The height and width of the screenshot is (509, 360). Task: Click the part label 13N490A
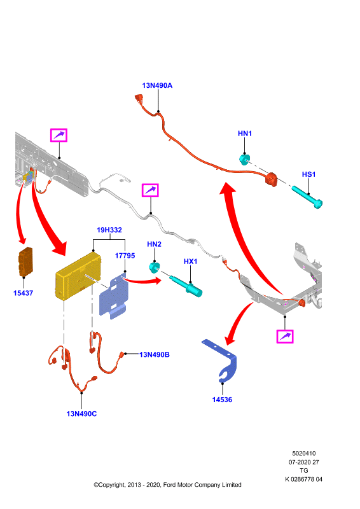click(157, 85)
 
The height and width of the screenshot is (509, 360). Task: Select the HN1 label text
click(245, 134)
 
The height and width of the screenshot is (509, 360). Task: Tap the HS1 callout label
click(308, 174)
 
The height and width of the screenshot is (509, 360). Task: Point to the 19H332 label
click(109, 230)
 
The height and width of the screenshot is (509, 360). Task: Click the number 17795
click(125, 256)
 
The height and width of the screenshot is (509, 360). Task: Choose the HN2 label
click(154, 244)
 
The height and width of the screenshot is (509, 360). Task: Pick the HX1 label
click(191, 261)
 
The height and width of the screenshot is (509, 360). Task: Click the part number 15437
click(23, 293)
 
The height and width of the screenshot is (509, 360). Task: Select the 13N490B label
click(155, 354)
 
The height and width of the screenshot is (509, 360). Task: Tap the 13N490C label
click(81, 414)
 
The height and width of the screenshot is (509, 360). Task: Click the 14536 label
click(223, 400)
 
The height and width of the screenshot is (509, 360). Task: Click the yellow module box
click(78, 276)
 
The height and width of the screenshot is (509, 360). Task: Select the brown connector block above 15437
click(25, 261)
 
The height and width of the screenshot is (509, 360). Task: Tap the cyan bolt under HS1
click(307, 197)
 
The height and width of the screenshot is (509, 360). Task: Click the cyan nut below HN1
click(244, 159)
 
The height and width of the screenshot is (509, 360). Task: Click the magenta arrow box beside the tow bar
click(285, 337)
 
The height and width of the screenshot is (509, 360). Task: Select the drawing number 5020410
click(304, 453)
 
